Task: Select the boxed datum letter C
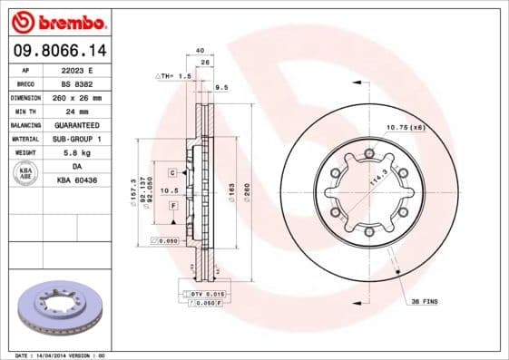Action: coord(172,171)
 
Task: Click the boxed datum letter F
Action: coord(172,207)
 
